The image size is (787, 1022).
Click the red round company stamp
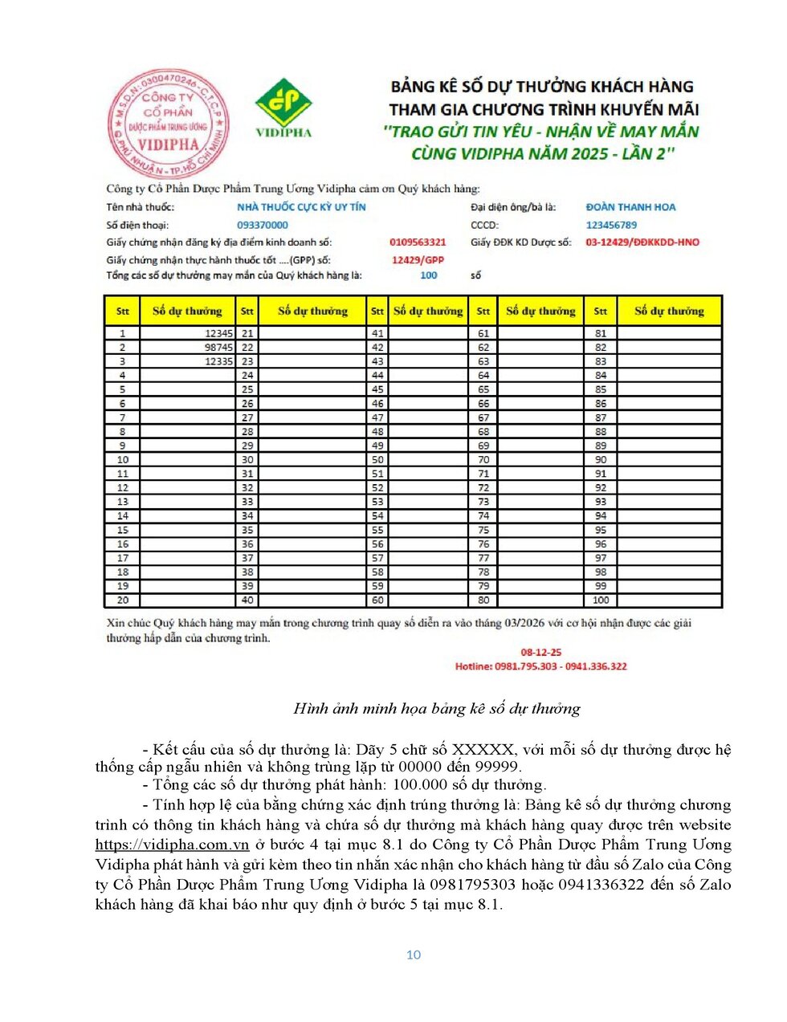(169, 124)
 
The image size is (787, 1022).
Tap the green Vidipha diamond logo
(283, 102)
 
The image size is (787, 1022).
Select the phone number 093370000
(262, 226)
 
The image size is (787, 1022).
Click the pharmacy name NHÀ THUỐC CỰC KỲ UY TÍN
(301, 207)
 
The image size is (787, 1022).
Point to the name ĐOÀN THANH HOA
(630, 207)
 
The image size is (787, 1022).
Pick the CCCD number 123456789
(611, 226)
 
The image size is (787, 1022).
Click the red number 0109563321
(418, 242)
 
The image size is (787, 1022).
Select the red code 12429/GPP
(418, 260)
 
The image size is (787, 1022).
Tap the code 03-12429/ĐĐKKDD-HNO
(642, 242)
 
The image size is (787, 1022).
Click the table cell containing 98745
(187, 348)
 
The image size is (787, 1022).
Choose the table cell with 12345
(187, 333)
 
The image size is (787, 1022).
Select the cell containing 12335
(187, 361)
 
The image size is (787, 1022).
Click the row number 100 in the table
(601, 600)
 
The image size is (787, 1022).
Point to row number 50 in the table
(377, 460)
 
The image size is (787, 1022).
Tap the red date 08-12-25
(541, 653)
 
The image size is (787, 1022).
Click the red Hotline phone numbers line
(541, 666)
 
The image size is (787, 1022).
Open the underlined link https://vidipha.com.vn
(172, 845)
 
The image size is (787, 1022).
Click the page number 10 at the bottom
(414, 955)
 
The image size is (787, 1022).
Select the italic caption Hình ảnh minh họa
(437, 708)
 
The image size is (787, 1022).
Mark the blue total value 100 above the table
(429, 275)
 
